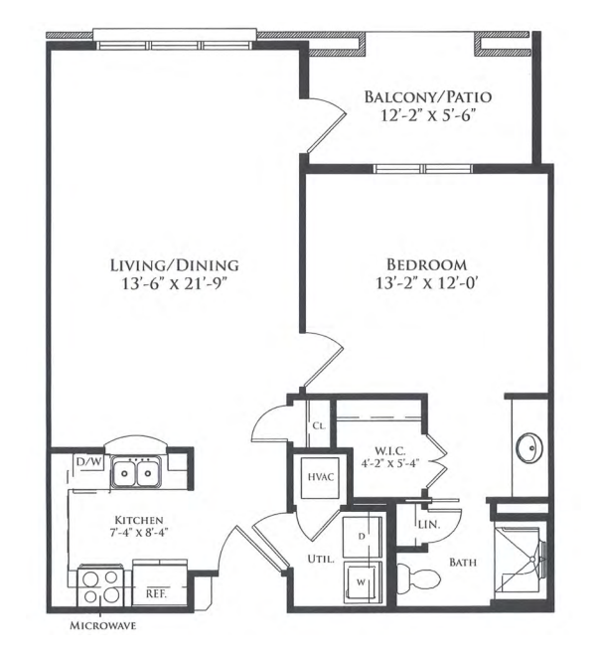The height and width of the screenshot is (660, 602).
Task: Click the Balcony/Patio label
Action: [x=427, y=96]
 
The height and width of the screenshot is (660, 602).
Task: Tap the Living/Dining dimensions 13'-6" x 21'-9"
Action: [x=175, y=284]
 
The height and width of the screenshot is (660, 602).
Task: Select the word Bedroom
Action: [x=426, y=264]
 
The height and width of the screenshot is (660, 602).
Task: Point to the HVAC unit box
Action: [x=321, y=478]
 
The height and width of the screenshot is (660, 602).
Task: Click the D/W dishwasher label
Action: [x=88, y=462]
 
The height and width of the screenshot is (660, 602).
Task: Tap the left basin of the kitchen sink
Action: [x=124, y=473]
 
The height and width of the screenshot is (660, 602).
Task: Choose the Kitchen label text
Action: [x=139, y=520]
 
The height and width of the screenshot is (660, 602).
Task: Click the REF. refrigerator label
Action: [x=156, y=594]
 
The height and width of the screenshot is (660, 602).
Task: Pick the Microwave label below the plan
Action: [x=102, y=625]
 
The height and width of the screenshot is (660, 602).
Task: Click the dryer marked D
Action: [x=363, y=536]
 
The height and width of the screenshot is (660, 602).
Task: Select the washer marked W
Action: [x=363, y=582]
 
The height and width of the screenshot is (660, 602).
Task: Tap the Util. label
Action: [x=321, y=560]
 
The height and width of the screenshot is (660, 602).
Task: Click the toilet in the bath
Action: [x=418, y=577]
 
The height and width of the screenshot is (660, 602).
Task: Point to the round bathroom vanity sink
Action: [x=529, y=448]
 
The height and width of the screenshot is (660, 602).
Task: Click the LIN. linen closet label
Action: [x=429, y=525]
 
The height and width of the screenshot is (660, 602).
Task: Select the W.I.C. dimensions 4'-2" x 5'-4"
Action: [x=390, y=463]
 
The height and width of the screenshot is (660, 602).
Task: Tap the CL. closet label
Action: [x=319, y=425]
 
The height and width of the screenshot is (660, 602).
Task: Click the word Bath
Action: [x=463, y=562]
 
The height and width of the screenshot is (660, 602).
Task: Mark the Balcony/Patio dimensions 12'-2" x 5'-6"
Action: [x=428, y=115]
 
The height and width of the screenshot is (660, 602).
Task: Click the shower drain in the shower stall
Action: [x=532, y=559]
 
